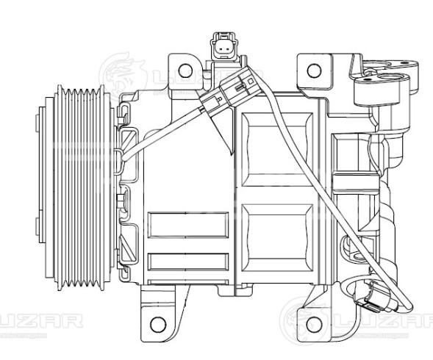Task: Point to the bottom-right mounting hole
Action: (x=316, y=324)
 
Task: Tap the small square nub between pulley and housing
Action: (x=124, y=199)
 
